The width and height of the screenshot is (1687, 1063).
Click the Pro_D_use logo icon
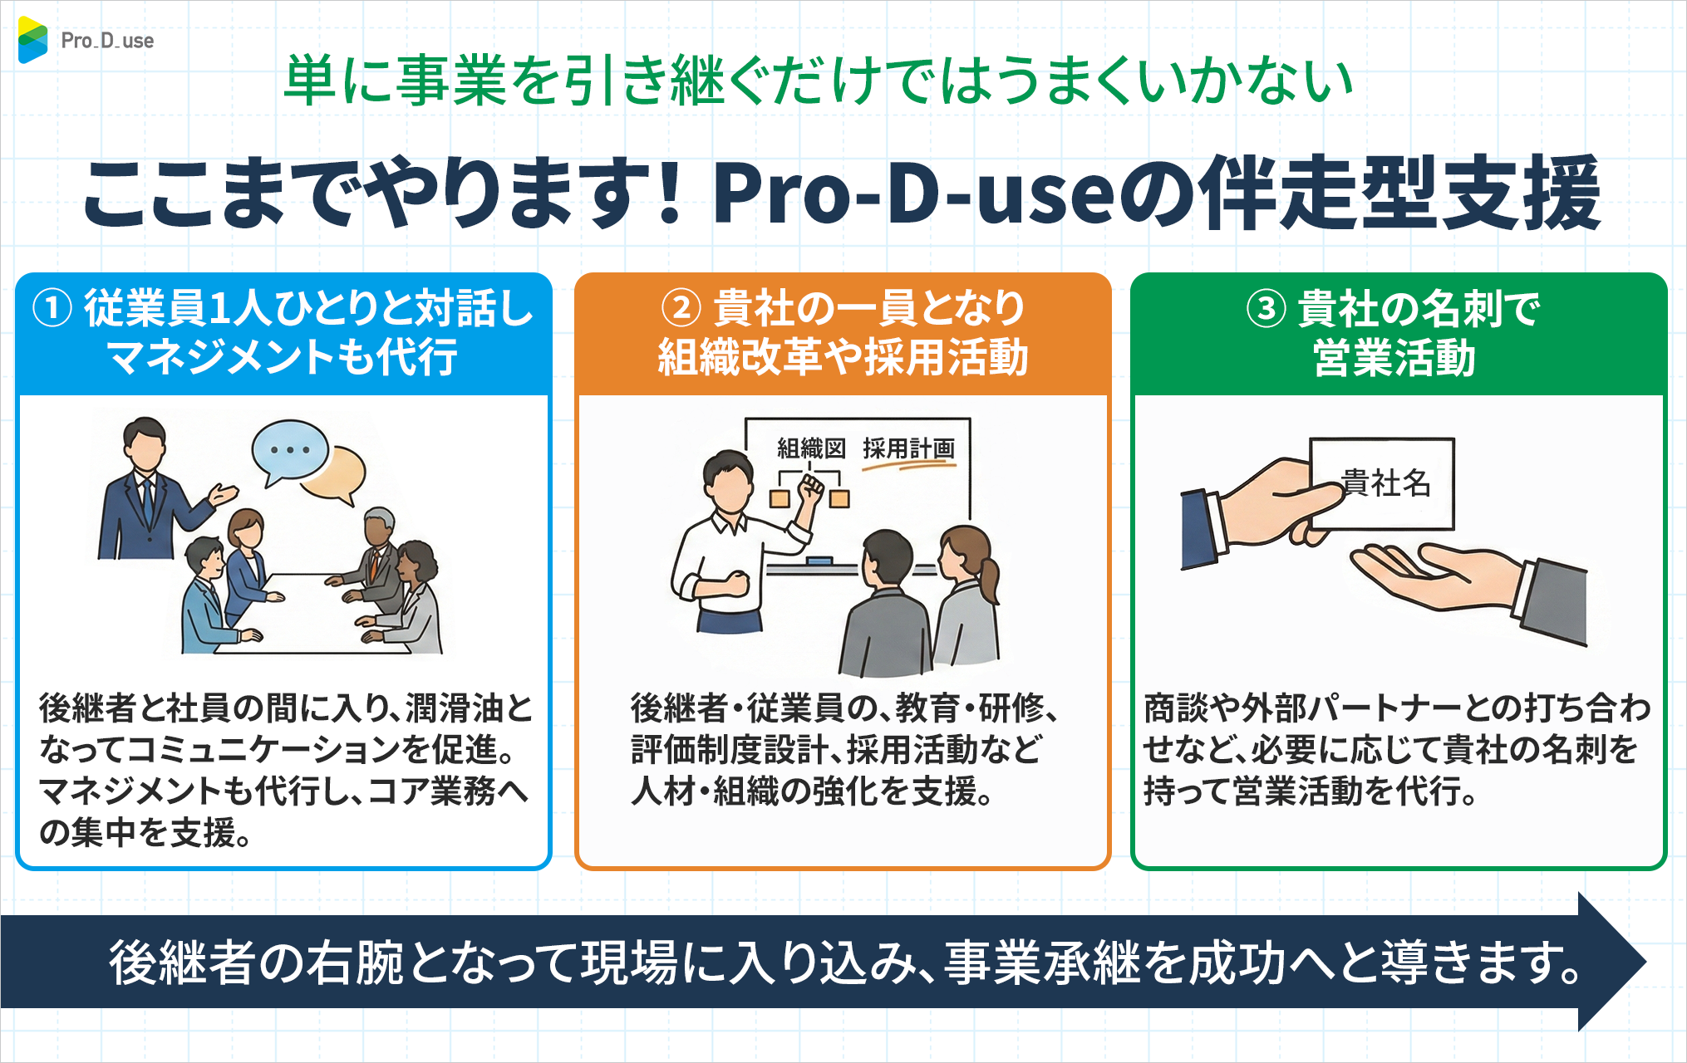(32, 40)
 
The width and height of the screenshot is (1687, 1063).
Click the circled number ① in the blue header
(52, 309)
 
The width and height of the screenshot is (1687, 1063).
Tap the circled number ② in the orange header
(681, 308)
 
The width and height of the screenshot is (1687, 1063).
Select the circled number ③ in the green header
(1266, 309)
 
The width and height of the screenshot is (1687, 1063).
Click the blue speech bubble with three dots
(289, 450)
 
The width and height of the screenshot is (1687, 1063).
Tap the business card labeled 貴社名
(1384, 483)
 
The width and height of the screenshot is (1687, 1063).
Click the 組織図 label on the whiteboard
(810, 449)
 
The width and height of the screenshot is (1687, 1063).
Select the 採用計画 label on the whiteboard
(908, 449)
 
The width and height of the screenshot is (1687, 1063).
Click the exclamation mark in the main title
(669, 193)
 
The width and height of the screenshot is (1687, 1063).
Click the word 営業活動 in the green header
(1394, 359)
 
